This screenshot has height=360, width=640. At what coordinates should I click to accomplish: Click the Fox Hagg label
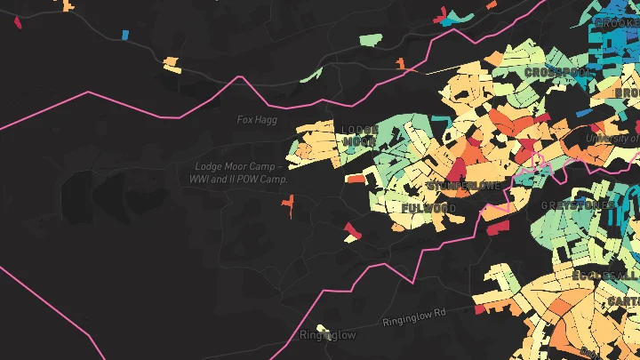coord(258,119)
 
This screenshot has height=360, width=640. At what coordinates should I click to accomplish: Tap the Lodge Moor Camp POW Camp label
coord(240,172)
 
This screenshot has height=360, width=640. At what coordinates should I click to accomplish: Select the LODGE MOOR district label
coord(360,135)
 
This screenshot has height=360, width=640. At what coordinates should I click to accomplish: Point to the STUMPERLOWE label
coord(464,186)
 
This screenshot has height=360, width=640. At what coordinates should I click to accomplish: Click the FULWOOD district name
coord(428,208)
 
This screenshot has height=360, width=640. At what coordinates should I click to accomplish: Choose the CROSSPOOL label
coord(557,72)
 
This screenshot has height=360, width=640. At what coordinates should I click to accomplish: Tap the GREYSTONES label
coord(578,205)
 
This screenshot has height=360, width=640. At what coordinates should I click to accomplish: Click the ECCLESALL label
coord(606,276)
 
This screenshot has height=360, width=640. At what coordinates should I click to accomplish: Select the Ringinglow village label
coord(327,335)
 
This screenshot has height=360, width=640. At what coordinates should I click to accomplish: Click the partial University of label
coord(612,138)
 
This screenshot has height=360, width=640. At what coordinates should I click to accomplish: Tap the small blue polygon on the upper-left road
coord(124,35)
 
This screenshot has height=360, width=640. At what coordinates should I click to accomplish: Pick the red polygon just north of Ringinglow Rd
coord(481,308)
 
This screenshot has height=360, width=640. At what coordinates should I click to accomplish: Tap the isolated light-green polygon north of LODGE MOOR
coord(371,41)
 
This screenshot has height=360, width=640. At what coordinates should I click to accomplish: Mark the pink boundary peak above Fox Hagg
coord(238,78)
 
